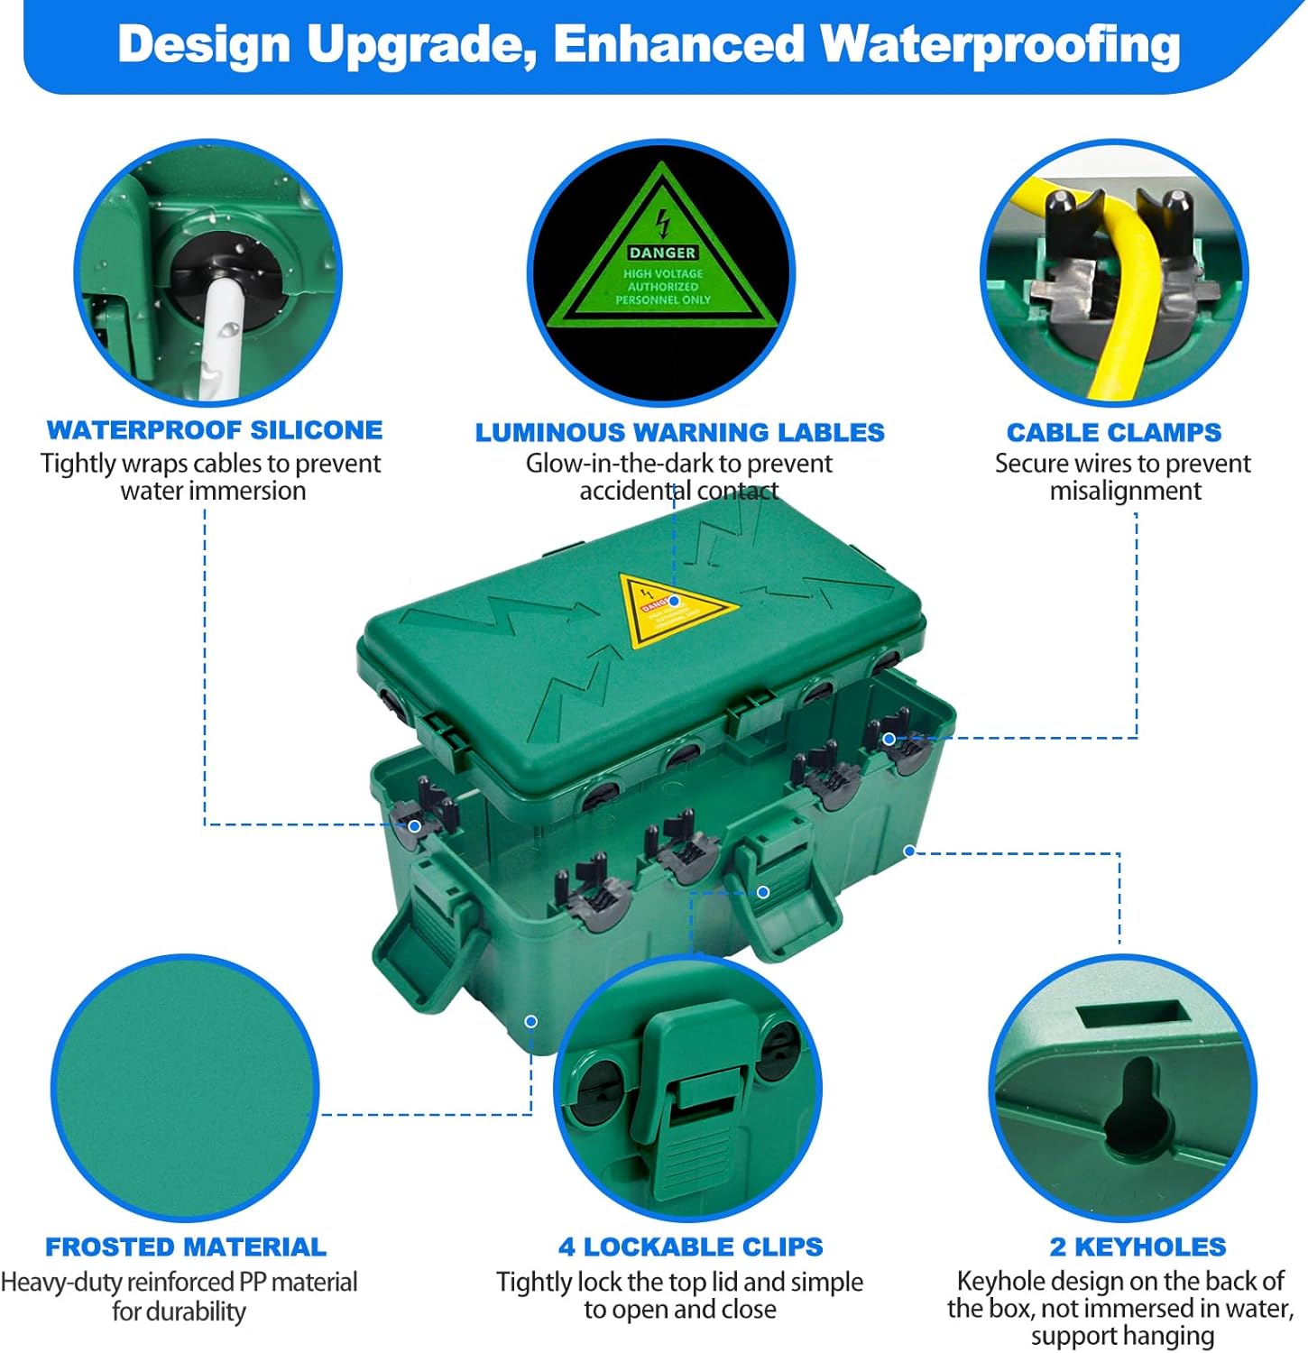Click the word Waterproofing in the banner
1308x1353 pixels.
pyautogui.click(x=999, y=45)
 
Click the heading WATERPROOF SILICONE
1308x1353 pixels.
pyautogui.click(x=215, y=430)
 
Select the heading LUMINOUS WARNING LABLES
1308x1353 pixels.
pyautogui.click(x=679, y=433)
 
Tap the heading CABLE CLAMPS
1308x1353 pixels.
pyautogui.click(x=1113, y=433)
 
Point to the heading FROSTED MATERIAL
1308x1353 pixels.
pyautogui.click(x=186, y=1247)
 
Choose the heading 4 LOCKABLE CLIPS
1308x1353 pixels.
pyautogui.click(x=690, y=1247)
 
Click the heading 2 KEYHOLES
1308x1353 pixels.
pyautogui.click(x=1138, y=1247)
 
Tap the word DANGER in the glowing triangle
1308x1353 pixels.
pyautogui.click(x=662, y=253)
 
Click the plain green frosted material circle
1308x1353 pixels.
pyautogui.click(x=185, y=1087)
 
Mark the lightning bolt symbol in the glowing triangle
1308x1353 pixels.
pyautogui.click(x=663, y=222)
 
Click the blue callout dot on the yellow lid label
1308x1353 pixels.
pyautogui.click(x=673, y=601)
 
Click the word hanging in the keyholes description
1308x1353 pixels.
pyautogui.click(x=1168, y=1336)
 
